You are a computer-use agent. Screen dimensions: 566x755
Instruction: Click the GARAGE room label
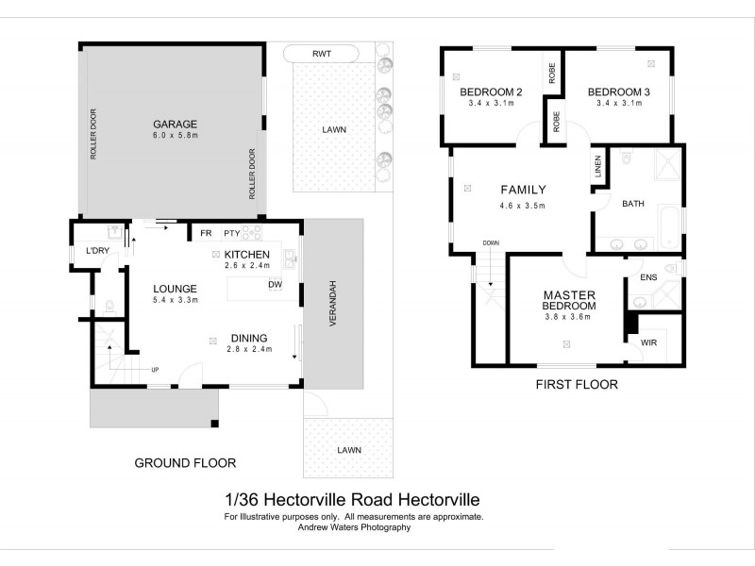[175, 124]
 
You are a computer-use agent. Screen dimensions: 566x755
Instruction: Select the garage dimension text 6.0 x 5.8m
[175, 136]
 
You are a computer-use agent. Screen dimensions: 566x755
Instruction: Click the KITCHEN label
[248, 255]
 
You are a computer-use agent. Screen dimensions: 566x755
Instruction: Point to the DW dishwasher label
[276, 284]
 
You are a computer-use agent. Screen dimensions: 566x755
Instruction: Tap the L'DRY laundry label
[97, 251]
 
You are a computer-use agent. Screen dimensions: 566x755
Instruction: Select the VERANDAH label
[334, 305]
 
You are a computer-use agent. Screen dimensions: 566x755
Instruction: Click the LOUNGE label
[175, 289]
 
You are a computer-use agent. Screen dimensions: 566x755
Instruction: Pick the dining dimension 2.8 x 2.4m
[249, 349]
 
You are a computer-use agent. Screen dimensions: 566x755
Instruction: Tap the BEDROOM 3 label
[619, 92]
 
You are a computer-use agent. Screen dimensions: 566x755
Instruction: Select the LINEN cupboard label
[598, 168]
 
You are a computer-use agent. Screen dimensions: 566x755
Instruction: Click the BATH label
[633, 203]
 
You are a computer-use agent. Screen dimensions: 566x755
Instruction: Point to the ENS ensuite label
[648, 277]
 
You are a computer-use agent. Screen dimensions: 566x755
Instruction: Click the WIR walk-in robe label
[649, 343]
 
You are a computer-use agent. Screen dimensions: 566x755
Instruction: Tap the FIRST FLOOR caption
[576, 384]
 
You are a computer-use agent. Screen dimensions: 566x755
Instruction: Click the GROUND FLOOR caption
[185, 462]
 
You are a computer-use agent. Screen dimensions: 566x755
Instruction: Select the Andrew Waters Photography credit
[356, 527]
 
